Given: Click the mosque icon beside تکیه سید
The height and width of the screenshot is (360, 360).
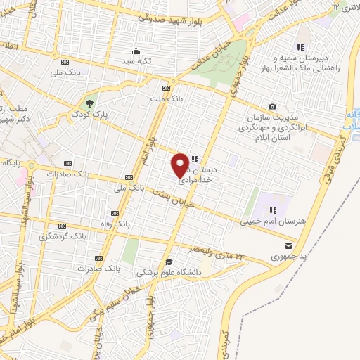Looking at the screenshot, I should click(x=136, y=50).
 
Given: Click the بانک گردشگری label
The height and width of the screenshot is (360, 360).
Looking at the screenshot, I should click(x=65, y=236).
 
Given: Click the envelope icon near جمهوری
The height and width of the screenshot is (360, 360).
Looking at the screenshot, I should click(x=289, y=245).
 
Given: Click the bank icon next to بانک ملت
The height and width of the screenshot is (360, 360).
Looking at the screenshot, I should click(x=166, y=89).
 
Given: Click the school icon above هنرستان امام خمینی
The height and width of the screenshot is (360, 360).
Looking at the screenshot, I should click(x=272, y=210).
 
